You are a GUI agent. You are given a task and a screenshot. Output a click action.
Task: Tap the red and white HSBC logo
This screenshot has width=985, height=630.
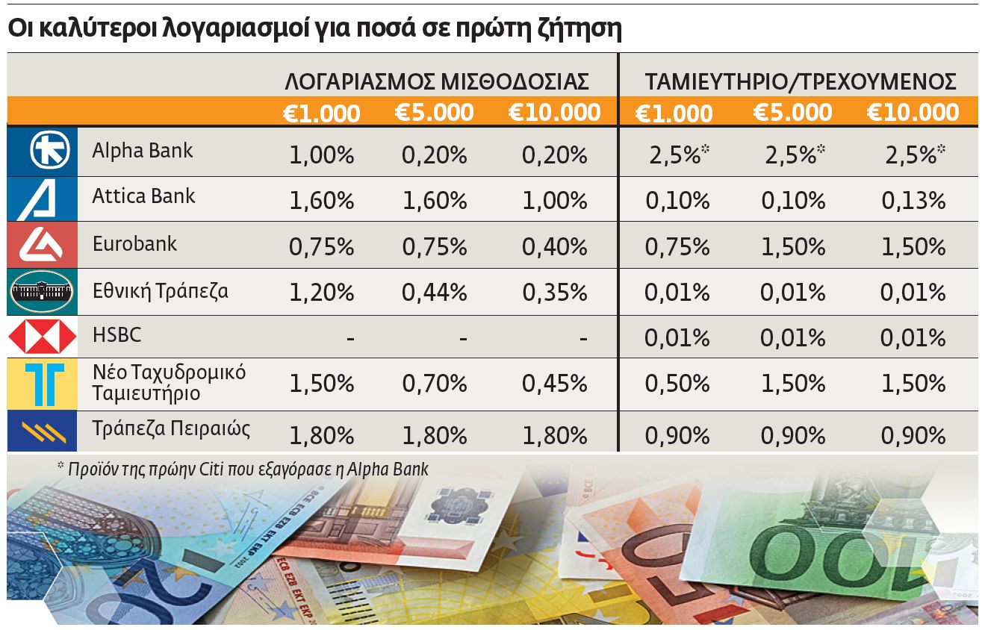click(x=43, y=337)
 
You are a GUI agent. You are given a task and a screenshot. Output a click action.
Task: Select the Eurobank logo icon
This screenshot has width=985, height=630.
click(x=43, y=245)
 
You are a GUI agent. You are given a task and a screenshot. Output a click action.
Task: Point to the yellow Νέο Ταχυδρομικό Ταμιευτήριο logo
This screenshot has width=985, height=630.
click(x=43, y=384)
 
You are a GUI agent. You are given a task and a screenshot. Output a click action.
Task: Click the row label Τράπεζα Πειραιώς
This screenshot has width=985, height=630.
click(x=171, y=428)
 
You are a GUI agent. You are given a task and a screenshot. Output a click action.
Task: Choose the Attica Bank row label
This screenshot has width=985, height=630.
click(x=143, y=196)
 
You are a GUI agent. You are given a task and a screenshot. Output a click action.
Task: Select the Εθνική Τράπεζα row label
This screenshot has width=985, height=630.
click(x=161, y=290)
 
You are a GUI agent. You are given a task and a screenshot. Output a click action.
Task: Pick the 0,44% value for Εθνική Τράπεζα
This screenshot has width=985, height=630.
click(x=434, y=293)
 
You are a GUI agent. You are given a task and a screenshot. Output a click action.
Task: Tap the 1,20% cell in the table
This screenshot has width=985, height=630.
click(x=321, y=293)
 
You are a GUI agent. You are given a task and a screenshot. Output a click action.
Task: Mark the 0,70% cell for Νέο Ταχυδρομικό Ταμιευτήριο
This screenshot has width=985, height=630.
click(x=434, y=384)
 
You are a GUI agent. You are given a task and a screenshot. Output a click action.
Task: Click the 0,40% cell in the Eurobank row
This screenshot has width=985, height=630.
click(x=555, y=246)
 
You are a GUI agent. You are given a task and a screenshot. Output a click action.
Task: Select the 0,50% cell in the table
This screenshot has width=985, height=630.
click(x=677, y=384)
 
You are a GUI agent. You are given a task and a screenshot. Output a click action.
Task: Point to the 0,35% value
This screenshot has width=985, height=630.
click(x=555, y=293)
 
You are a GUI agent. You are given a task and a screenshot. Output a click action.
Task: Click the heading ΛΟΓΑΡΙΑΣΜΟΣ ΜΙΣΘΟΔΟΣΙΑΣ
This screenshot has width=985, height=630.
click(x=436, y=81)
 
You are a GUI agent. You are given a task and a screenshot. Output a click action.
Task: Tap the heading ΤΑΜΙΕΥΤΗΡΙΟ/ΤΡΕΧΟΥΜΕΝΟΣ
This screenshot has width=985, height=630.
click(x=801, y=81)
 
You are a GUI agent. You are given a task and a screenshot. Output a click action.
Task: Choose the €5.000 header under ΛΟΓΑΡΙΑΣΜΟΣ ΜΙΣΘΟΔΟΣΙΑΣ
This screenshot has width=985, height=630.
click(x=434, y=113)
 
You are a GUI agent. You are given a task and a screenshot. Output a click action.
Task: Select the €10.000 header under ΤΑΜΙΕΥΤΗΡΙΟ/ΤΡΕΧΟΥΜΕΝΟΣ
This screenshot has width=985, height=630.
click(x=913, y=113)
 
